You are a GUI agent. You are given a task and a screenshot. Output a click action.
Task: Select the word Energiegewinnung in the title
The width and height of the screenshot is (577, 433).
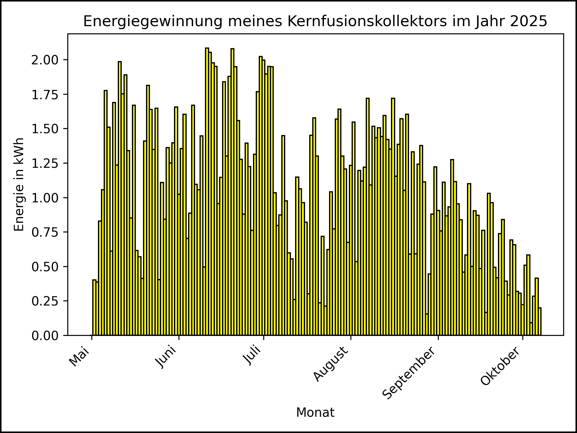tap(153, 21)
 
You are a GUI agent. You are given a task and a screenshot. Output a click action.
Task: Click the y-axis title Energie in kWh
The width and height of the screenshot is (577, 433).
tap(19, 184)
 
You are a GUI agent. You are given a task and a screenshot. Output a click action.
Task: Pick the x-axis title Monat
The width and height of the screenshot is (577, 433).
tap(315, 413)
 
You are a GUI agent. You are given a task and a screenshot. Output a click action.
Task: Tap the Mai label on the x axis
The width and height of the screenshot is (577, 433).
tap(80, 357)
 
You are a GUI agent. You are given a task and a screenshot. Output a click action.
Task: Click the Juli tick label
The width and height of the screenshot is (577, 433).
tap(252, 356)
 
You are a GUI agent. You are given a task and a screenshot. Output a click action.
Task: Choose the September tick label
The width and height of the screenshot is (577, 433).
tap(409, 373)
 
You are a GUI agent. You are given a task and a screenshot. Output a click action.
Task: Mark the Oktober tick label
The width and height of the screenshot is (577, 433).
tap(500, 366)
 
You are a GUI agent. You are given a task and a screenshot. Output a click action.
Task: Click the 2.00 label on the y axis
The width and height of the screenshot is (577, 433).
tap(45, 60)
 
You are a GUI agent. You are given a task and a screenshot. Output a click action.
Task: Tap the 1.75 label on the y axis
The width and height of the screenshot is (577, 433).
tap(45, 94)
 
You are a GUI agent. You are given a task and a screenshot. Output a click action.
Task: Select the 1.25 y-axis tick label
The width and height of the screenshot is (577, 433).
tap(45, 163)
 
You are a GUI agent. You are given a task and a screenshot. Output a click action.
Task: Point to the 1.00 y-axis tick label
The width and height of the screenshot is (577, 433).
tap(45, 198)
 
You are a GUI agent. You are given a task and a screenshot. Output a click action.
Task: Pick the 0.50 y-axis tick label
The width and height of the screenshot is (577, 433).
tap(45, 267)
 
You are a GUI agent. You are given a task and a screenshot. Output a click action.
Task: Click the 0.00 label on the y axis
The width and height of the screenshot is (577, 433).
tap(45, 336)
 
